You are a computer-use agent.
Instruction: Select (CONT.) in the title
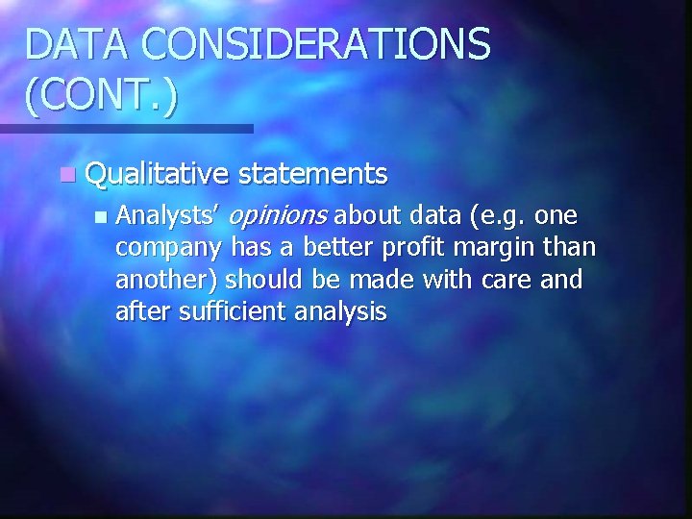coord(102,98)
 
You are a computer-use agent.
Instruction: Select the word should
coord(263,280)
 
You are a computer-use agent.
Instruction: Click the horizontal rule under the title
coord(126,128)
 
